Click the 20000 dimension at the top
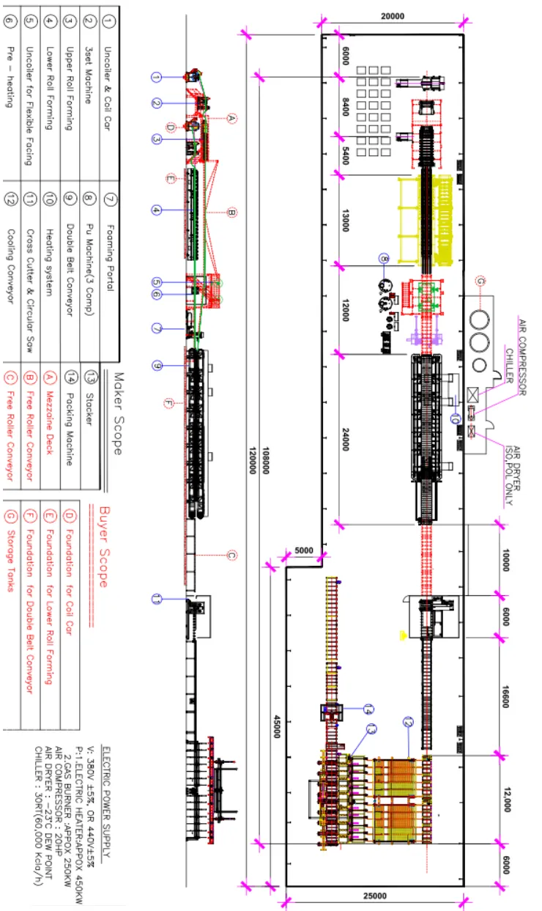[393, 16]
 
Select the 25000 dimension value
[393, 896]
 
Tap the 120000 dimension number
[253, 461]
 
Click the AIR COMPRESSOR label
[523, 358]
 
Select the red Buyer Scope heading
[104, 547]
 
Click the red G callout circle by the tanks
[480, 281]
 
